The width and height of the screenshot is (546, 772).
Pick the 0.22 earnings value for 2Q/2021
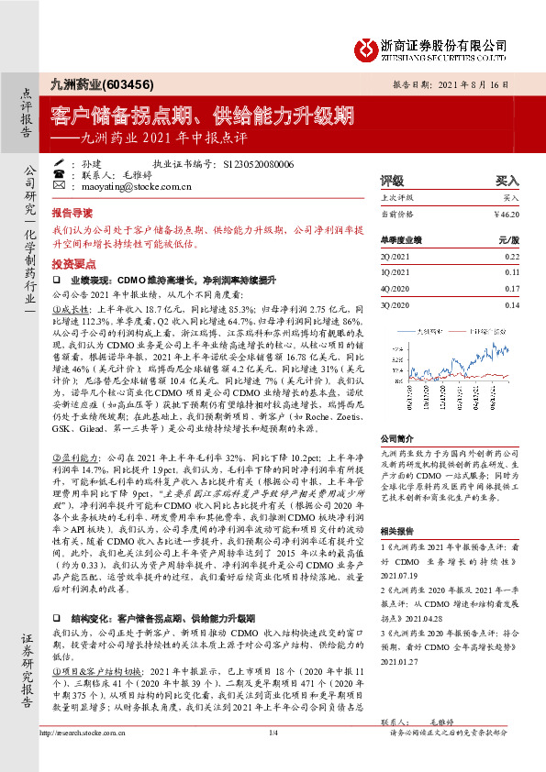point(511,259)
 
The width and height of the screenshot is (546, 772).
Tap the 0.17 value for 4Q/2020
point(511,289)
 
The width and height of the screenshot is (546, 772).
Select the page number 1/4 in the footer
point(273,758)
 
